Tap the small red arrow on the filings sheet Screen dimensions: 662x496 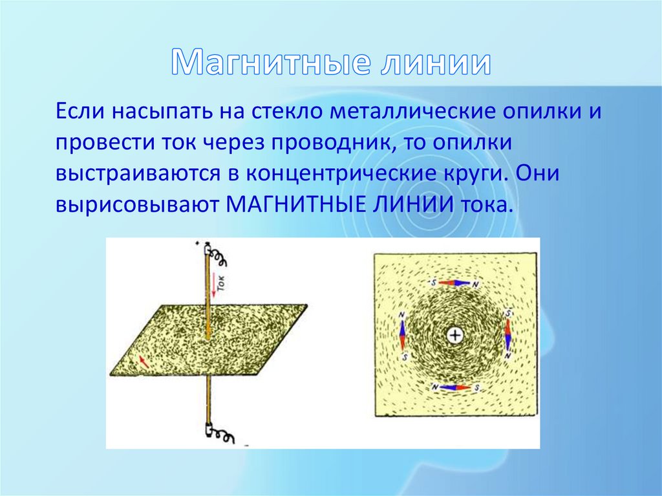144,360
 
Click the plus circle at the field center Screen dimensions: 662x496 454,336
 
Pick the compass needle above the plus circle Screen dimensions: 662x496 454,283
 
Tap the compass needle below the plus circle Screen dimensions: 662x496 455,387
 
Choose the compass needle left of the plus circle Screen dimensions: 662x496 402,336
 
